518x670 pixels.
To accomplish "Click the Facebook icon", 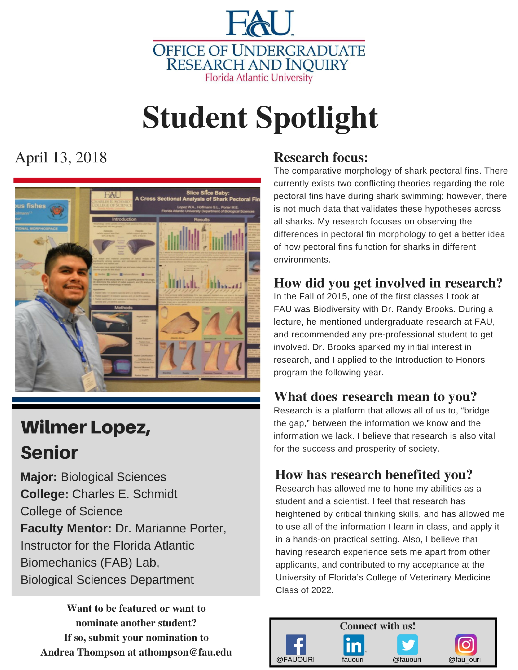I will click(x=296, y=645).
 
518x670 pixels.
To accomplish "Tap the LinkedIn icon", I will click(x=353, y=645).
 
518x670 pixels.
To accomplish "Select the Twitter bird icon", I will click(x=407, y=645).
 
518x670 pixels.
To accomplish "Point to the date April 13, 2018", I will click(x=61, y=158).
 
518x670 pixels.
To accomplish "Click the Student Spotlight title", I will click(x=260, y=118).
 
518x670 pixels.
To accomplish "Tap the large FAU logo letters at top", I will click(x=260, y=23).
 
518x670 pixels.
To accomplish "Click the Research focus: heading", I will click(x=321, y=157).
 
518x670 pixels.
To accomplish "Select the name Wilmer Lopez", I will click(x=85, y=427).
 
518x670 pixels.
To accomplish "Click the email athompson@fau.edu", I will click(x=185, y=652).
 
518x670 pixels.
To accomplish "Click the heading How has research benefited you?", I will click(x=373, y=475).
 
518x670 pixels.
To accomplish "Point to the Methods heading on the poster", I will click(x=123, y=307).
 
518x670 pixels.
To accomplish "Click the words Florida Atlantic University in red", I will click(x=259, y=78).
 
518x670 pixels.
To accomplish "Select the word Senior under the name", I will click(x=49, y=453).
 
